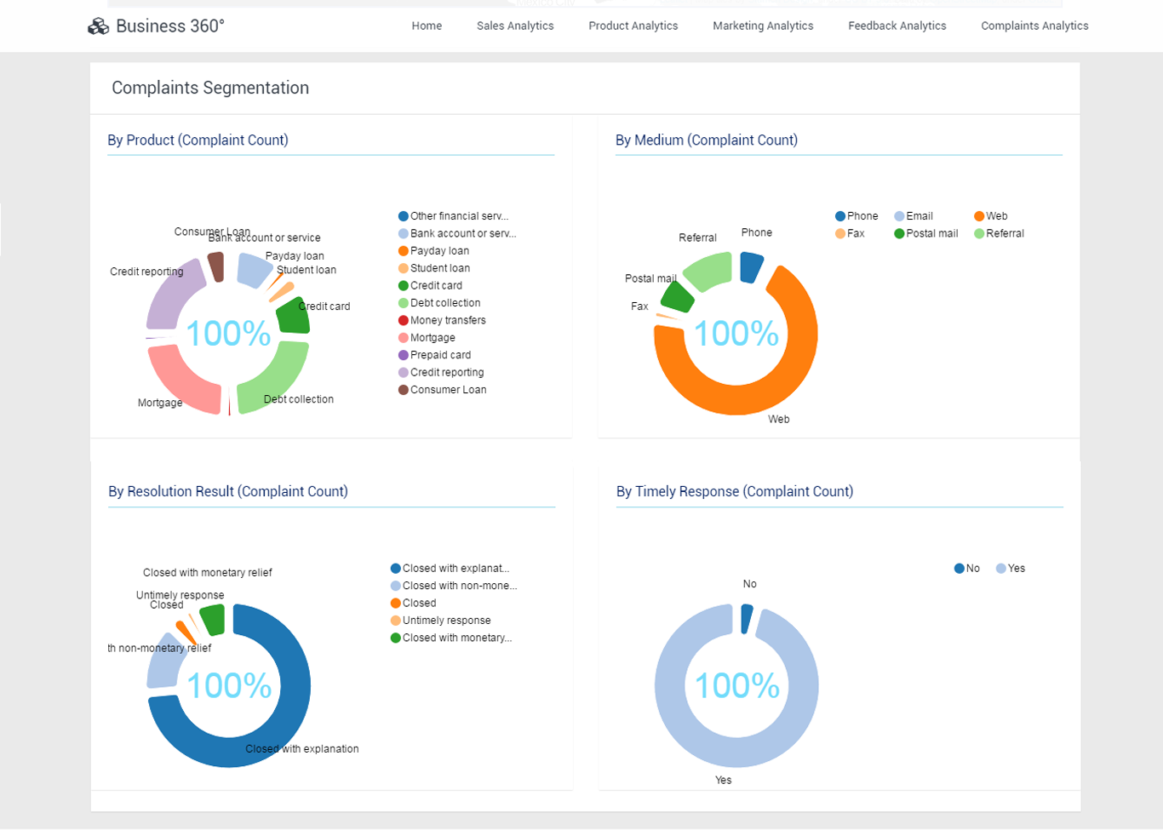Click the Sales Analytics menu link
tap(515, 26)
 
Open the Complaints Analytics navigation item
tap(1034, 26)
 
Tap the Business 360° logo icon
tap(99, 26)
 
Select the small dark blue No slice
tap(747, 619)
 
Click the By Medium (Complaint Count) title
tap(707, 140)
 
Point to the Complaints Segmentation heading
tap(210, 88)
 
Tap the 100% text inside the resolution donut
tap(229, 685)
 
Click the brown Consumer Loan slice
tap(216, 266)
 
